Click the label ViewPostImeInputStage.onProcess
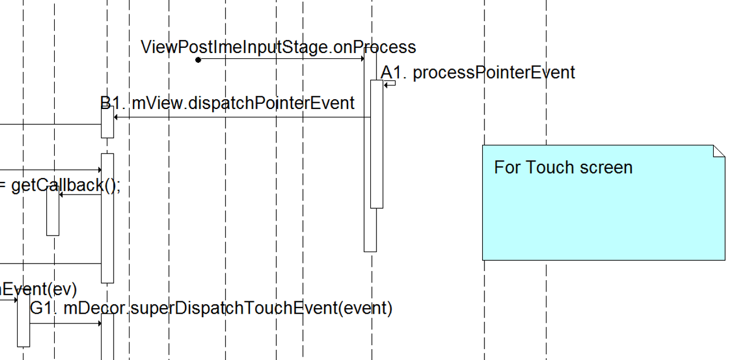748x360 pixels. [278, 47]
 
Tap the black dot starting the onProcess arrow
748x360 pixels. [198, 59]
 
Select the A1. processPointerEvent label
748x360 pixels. [478, 72]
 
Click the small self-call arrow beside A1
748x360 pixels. [390, 84]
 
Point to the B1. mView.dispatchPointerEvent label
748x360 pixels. [227, 103]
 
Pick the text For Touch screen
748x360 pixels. [563, 167]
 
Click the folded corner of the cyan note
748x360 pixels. [719, 151]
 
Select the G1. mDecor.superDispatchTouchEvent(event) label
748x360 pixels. [211, 309]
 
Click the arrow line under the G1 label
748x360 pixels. [66, 323]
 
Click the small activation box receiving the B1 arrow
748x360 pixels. [107, 122]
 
